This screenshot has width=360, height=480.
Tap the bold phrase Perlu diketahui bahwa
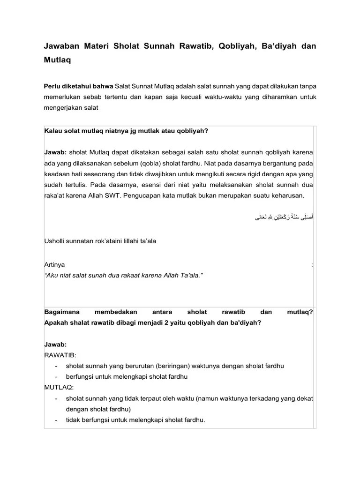tap(78, 86)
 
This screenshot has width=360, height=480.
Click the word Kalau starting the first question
tap(52, 131)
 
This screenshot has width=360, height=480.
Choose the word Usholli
tap(55, 241)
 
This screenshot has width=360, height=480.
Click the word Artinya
tap(55, 265)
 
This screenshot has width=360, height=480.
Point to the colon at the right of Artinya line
tap(312, 265)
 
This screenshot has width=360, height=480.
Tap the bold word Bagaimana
tap(62, 312)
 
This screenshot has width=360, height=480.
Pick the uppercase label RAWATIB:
tap(60, 355)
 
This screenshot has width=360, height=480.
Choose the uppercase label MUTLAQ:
tap(59, 387)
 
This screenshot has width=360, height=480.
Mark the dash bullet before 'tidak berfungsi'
tap(56, 420)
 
